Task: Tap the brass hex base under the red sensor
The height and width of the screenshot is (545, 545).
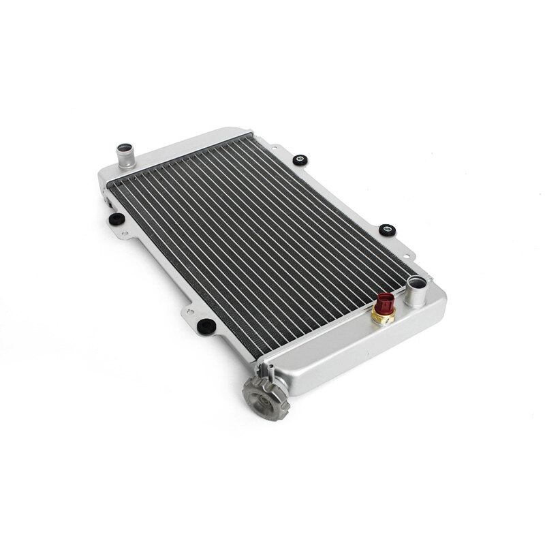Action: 384,317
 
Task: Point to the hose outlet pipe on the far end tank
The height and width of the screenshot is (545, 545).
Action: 125,156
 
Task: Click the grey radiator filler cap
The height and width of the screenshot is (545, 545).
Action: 266,398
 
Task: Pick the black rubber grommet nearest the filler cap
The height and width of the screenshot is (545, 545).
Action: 206,326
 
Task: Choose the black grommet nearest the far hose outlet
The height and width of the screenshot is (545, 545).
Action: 116,219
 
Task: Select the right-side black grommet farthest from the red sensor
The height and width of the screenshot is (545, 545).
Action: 300,160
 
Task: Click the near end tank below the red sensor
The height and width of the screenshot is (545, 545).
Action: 354,354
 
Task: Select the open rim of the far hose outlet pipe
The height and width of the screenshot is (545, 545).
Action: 125,147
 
